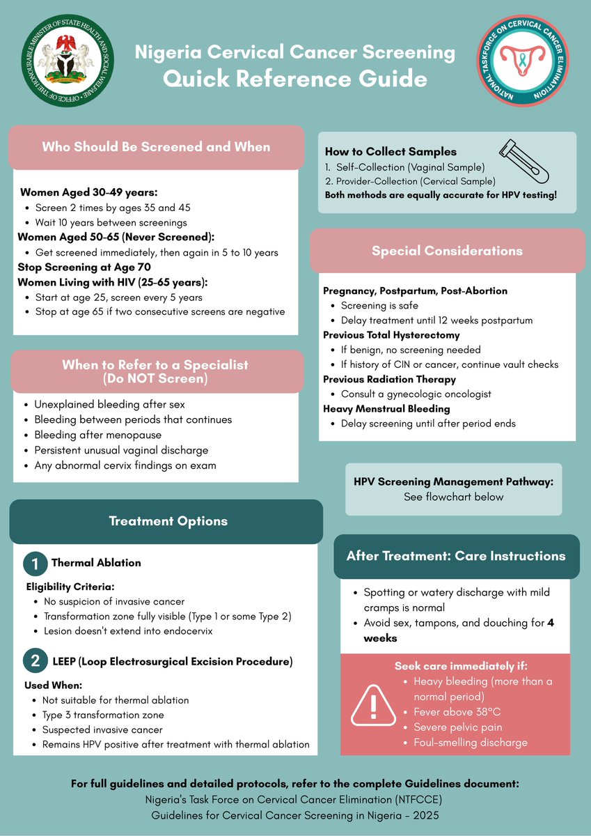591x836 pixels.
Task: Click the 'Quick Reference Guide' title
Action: (x=295, y=79)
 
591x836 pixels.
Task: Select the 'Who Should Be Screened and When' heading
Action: (x=156, y=147)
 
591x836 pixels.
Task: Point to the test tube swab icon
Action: (x=523, y=161)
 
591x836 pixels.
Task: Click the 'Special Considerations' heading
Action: (x=447, y=251)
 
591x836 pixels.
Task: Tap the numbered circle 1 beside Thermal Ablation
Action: (x=35, y=563)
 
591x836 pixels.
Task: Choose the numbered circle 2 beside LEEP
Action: (x=35, y=661)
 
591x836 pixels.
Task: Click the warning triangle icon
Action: (x=373, y=705)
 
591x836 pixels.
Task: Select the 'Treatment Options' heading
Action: (x=168, y=521)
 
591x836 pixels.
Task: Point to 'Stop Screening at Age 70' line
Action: (x=84, y=267)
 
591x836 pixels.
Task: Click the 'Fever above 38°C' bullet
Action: (x=457, y=712)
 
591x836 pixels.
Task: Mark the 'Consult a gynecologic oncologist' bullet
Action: (x=416, y=394)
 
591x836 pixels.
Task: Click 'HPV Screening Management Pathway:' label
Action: (x=453, y=482)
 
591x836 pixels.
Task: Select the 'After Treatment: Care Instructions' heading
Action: (x=456, y=556)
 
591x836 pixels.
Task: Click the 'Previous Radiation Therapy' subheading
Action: (x=389, y=379)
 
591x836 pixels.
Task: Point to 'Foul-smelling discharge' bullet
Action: (x=471, y=743)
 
